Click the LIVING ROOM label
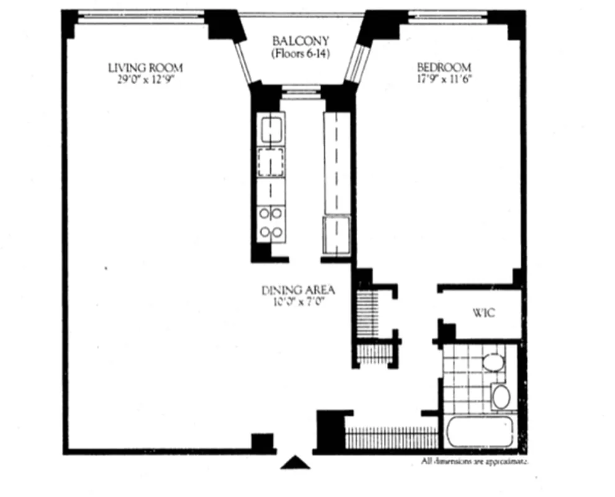point(145,68)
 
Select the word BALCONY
point(301,42)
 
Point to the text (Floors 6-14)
point(301,54)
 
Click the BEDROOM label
point(444,68)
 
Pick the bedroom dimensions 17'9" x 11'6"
point(444,79)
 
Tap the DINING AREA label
point(298,290)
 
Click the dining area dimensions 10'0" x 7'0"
point(298,303)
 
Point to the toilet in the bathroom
point(493,363)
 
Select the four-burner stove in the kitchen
point(271,223)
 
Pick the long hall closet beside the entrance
point(391,438)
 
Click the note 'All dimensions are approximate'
point(475,462)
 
